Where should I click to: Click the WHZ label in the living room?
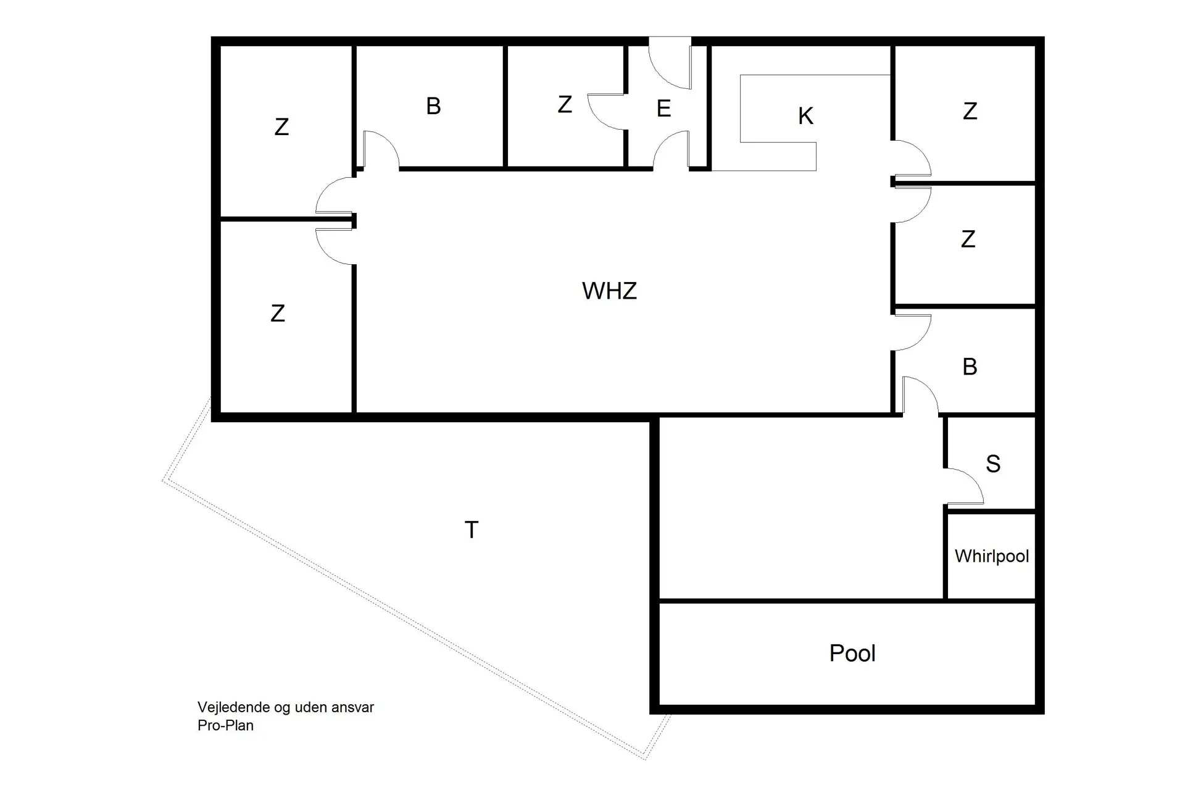coord(609,291)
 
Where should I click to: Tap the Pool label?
coord(852,653)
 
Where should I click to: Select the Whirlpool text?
coord(991,556)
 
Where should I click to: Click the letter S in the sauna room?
coord(992,464)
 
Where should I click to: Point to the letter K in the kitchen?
coord(805,116)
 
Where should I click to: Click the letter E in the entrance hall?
coord(663,109)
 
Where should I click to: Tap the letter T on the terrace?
coord(471,530)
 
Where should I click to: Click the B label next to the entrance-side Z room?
coord(433,106)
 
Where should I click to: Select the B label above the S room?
coord(970,367)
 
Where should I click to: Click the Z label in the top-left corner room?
coord(281,127)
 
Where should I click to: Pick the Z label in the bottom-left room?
coord(278,314)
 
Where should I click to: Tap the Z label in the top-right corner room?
coord(970,111)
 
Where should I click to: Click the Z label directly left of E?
coord(564,104)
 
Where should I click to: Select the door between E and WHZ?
coord(671,151)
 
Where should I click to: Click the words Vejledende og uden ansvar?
coord(285,707)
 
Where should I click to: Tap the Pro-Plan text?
coord(225,725)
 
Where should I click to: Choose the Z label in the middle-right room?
coord(968,239)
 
